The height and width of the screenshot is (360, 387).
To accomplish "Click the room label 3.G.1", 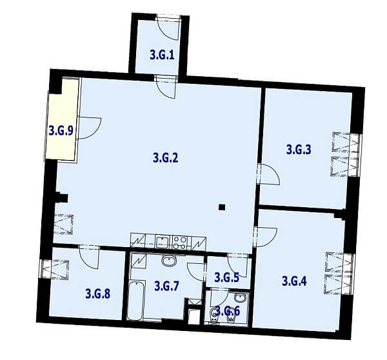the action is tap(162, 55).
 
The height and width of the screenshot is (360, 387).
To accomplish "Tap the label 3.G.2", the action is tap(165, 157).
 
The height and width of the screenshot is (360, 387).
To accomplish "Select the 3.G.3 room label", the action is tap(299, 149).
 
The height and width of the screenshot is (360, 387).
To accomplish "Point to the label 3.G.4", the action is tap(294, 281).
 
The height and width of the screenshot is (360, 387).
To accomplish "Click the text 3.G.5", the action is tap(226, 277).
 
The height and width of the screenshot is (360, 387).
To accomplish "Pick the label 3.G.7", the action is tap(166, 286).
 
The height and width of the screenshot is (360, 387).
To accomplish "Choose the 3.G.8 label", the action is tap(98, 294).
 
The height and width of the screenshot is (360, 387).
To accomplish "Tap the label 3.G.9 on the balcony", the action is tap(61, 130).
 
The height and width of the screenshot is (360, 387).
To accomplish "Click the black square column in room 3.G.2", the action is tap(222, 207).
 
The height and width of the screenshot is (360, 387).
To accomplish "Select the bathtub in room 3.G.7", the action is tap(135, 300).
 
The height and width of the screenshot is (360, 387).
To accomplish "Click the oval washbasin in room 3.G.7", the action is tap(169, 261).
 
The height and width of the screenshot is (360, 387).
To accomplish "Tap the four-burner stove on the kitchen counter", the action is tap(180, 243).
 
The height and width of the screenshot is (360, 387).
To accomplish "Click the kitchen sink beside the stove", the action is tap(162, 242).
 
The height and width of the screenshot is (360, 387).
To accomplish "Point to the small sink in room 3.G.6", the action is tap(240, 298).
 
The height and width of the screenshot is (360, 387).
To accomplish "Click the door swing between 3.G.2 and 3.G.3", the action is tap(268, 174).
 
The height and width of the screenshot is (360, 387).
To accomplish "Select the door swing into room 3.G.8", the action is tap(89, 257).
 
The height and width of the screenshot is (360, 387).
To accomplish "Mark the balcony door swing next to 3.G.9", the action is tap(90, 128).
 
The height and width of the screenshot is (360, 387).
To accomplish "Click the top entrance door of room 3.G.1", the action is tap(168, 27).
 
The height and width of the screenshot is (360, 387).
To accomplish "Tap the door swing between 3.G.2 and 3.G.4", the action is tap(266, 237).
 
